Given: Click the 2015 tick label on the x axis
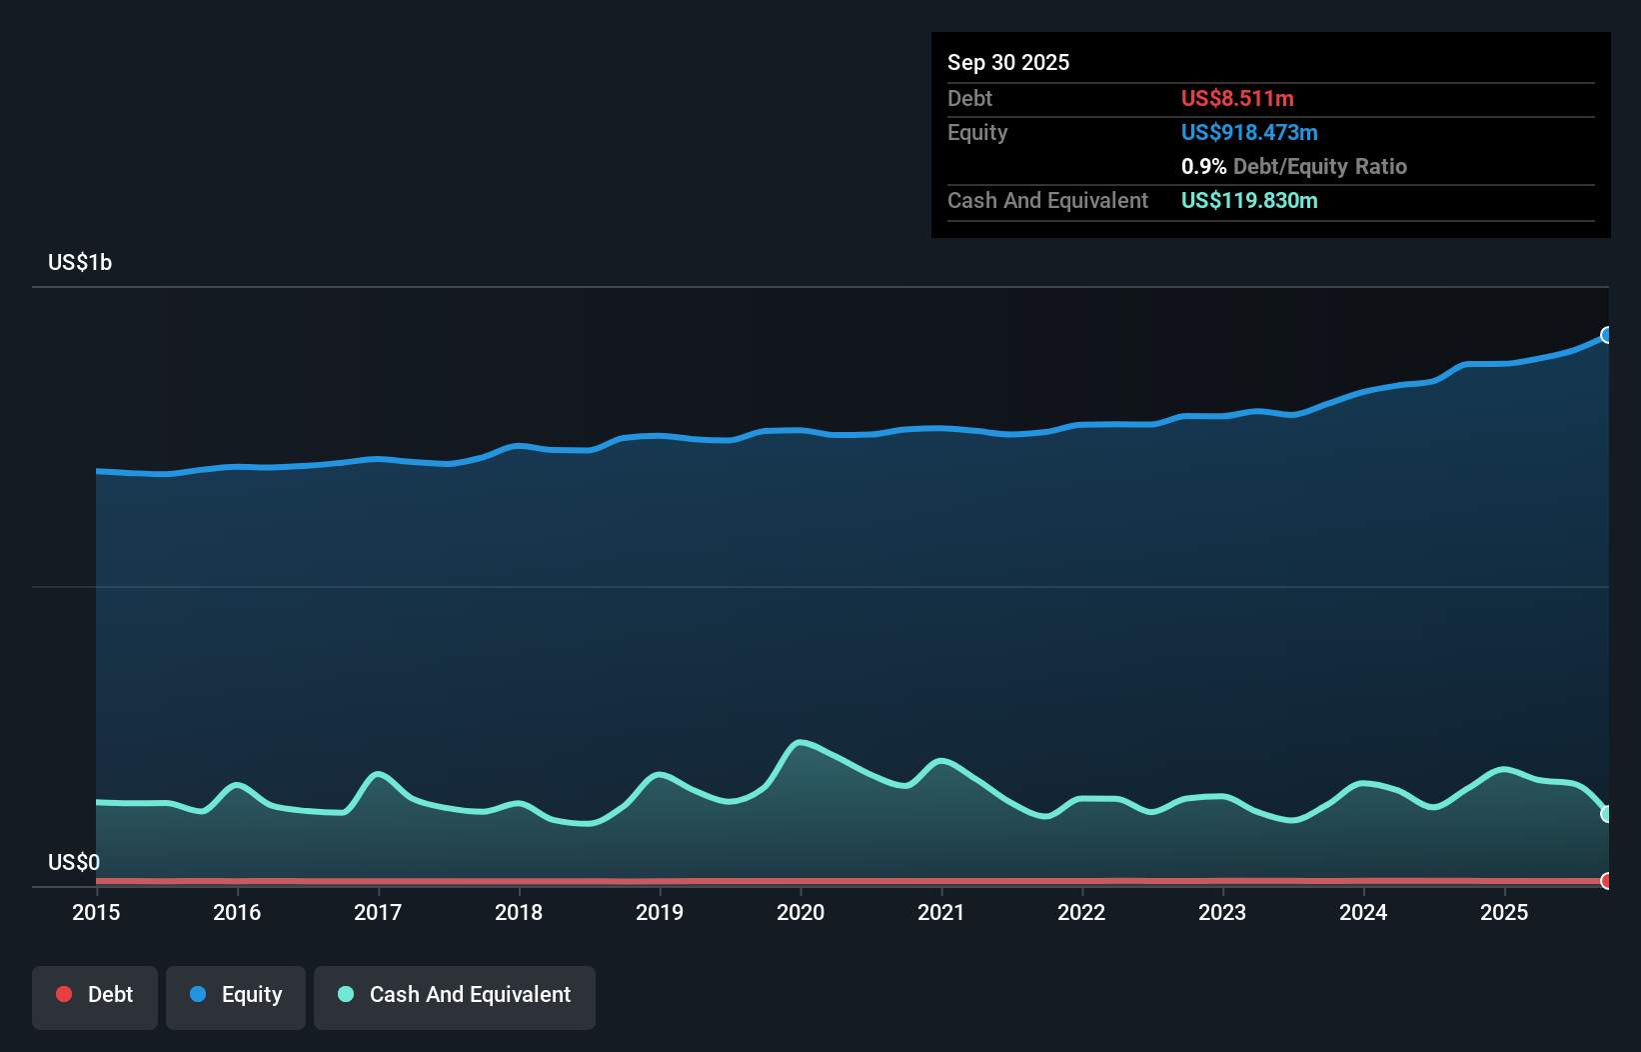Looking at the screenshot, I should click(96, 912).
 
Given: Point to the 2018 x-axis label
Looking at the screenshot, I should click(519, 912).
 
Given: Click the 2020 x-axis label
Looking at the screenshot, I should click(801, 912).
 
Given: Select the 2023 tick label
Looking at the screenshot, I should click(1222, 912).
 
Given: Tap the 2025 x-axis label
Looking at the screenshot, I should click(1504, 912).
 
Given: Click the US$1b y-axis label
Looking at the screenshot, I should click(80, 263).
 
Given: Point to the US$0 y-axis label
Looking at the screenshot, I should click(74, 862).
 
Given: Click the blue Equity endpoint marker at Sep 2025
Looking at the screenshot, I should click(1607, 335).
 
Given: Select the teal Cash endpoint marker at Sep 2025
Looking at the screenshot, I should click(1607, 814).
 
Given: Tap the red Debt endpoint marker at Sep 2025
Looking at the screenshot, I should click(1607, 881).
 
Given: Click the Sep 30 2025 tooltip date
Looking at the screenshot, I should click(1008, 63).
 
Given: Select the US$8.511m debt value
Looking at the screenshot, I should click(1237, 99).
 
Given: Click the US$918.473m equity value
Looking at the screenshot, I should click(1249, 133).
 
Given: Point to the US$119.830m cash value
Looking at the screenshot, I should click(1249, 201).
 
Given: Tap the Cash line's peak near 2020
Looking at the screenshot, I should click(800, 742).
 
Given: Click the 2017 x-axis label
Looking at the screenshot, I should click(378, 912).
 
